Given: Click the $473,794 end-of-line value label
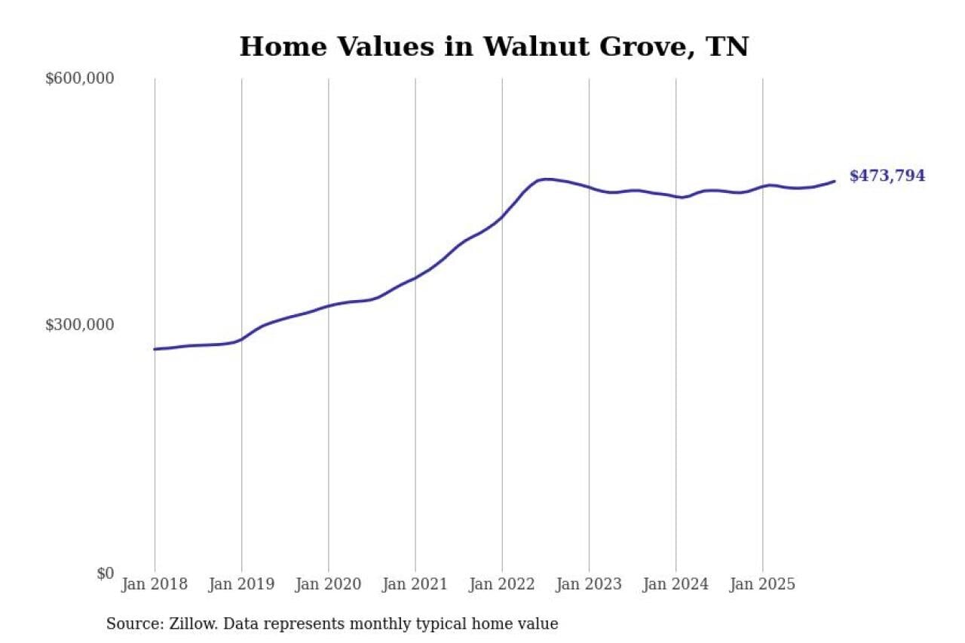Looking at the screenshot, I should click(887, 176).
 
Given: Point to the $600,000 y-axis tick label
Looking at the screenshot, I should click(80, 78).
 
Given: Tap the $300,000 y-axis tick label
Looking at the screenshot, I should click(80, 325).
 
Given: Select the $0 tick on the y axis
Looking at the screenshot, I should click(105, 573).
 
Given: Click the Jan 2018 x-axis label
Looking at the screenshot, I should click(155, 584).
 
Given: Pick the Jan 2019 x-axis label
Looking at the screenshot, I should click(241, 584).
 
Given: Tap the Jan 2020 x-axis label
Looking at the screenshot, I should click(328, 584).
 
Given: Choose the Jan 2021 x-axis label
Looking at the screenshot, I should click(415, 584).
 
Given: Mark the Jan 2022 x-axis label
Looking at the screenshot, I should click(502, 584).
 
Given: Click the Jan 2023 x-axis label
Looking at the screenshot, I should click(589, 584).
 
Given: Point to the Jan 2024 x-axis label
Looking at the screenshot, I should click(675, 584).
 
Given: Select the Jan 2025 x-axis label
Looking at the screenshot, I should click(762, 584).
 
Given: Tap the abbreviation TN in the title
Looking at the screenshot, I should click(727, 47).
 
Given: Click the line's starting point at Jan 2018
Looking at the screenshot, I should click(155, 349).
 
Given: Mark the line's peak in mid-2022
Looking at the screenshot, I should click(547, 179).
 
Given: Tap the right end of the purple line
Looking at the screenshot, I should click(835, 181).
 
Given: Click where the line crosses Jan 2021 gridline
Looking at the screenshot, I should click(415, 278).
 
